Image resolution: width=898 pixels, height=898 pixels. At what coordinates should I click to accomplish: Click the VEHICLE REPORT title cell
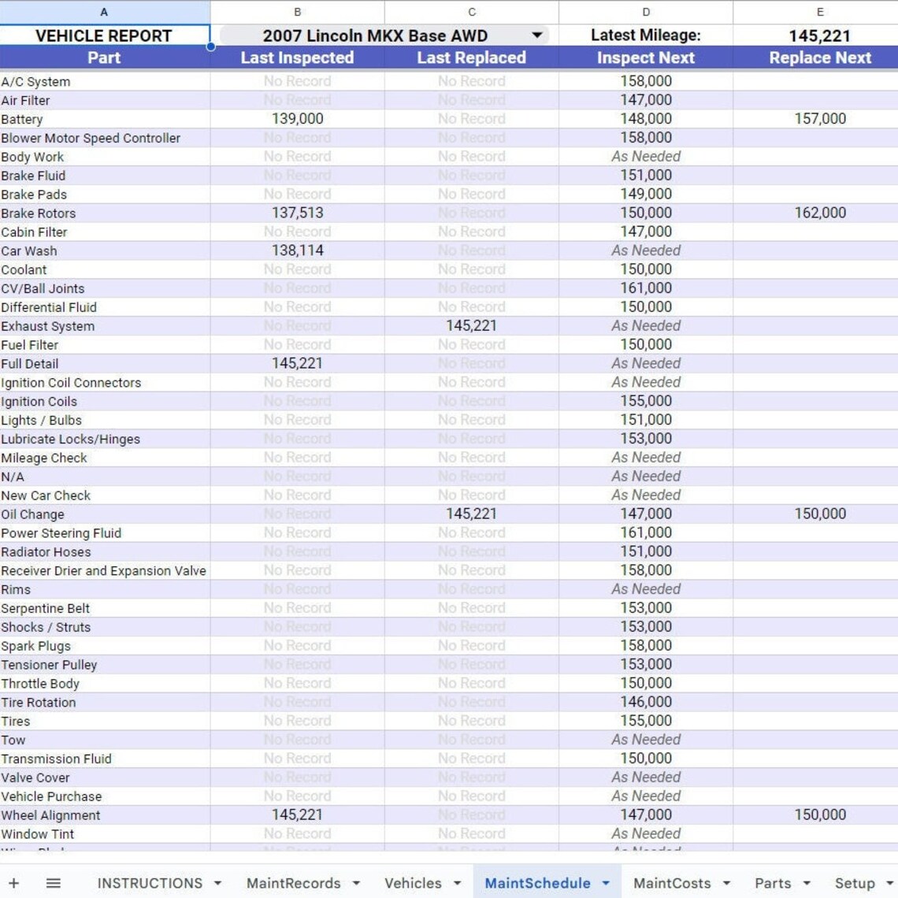coord(103,35)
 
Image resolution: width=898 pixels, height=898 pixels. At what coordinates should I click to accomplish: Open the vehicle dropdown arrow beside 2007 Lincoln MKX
coord(537,35)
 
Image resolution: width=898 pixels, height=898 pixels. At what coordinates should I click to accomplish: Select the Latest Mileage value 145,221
coord(819,35)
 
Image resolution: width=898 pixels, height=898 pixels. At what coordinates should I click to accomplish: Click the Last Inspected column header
coord(297,58)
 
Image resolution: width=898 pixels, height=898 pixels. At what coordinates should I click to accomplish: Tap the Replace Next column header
coord(819,58)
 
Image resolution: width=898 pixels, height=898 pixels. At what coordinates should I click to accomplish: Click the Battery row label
coord(22,119)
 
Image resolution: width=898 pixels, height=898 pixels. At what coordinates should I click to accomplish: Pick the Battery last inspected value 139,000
coord(297,119)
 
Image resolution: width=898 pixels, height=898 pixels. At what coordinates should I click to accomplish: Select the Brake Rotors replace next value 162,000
coord(819,213)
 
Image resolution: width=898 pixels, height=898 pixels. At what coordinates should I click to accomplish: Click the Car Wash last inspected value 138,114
coord(297,250)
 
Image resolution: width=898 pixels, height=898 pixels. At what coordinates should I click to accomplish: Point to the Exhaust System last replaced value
coord(471,325)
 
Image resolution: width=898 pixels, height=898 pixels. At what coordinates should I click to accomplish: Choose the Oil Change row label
coord(33,514)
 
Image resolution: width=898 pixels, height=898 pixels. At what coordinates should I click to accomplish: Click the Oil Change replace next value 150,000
coord(819,514)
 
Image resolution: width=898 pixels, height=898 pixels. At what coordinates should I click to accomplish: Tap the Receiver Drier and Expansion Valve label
coord(103,571)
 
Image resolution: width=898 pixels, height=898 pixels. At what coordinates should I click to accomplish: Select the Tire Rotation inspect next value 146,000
coord(645,702)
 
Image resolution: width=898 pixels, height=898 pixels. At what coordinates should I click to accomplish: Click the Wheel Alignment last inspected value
coord(297,815)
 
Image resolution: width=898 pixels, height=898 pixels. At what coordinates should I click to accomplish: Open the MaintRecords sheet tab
coord(293,883)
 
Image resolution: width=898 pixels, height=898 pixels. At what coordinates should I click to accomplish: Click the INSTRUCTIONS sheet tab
coord(150,883)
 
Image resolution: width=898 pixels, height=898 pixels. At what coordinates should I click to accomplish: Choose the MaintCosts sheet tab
coord(671,883)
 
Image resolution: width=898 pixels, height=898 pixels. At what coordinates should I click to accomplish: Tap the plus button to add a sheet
coord(13,883)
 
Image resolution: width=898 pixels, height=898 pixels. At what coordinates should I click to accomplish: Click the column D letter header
coord(645,12)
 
